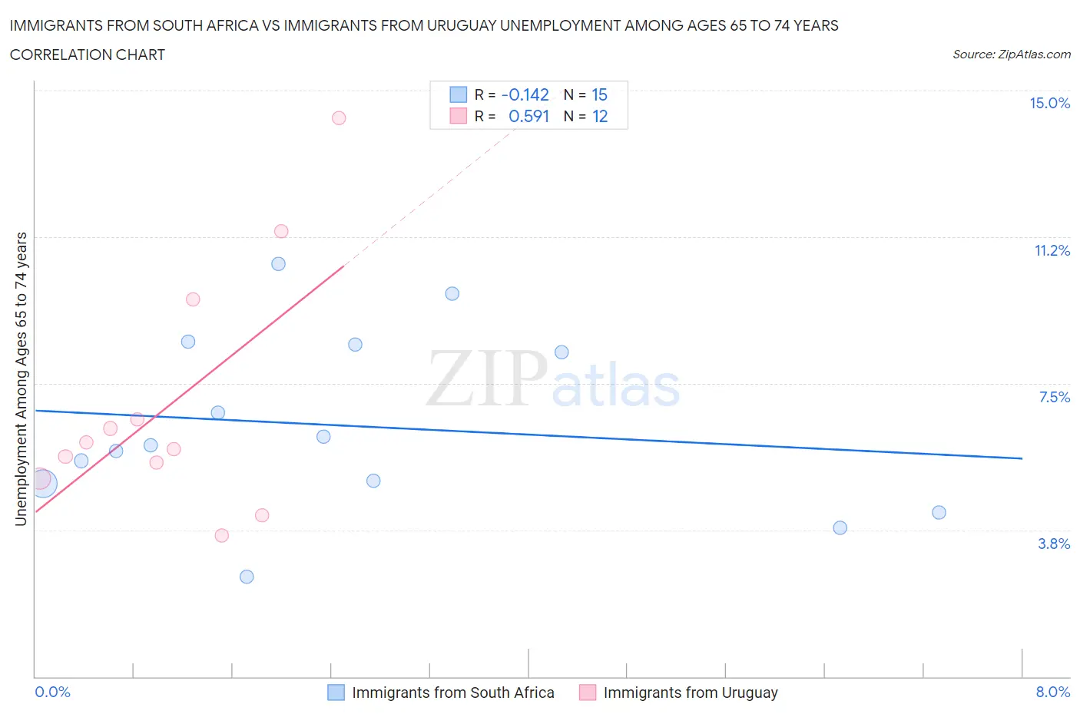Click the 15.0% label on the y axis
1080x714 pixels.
(1049, 104)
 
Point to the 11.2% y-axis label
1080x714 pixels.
(1052, 251)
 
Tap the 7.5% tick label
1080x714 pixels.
(1054, 397)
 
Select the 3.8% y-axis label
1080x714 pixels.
(1054, 544)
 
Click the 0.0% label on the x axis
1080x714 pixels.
(52, 693)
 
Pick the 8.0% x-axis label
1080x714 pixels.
(1052, 693)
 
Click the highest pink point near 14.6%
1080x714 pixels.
(339, 118)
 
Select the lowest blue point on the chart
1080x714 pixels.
(247, 577)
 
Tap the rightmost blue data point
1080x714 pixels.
(939, 513)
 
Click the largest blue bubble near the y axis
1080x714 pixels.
(43, 484)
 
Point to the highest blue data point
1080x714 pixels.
(279, 264)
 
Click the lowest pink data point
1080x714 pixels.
(222, 536)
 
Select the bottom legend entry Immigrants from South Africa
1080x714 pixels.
(452, 693)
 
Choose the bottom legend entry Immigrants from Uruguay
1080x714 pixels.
(690, 693)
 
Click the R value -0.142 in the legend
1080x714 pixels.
(525, 95)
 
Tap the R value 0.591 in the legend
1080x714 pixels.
(528, 117)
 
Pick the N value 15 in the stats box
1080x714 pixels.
(599, 95)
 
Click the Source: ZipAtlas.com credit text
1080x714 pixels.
(1011, 55)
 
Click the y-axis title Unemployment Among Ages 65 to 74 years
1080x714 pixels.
(22, 379)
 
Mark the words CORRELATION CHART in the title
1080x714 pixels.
(88, 55)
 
